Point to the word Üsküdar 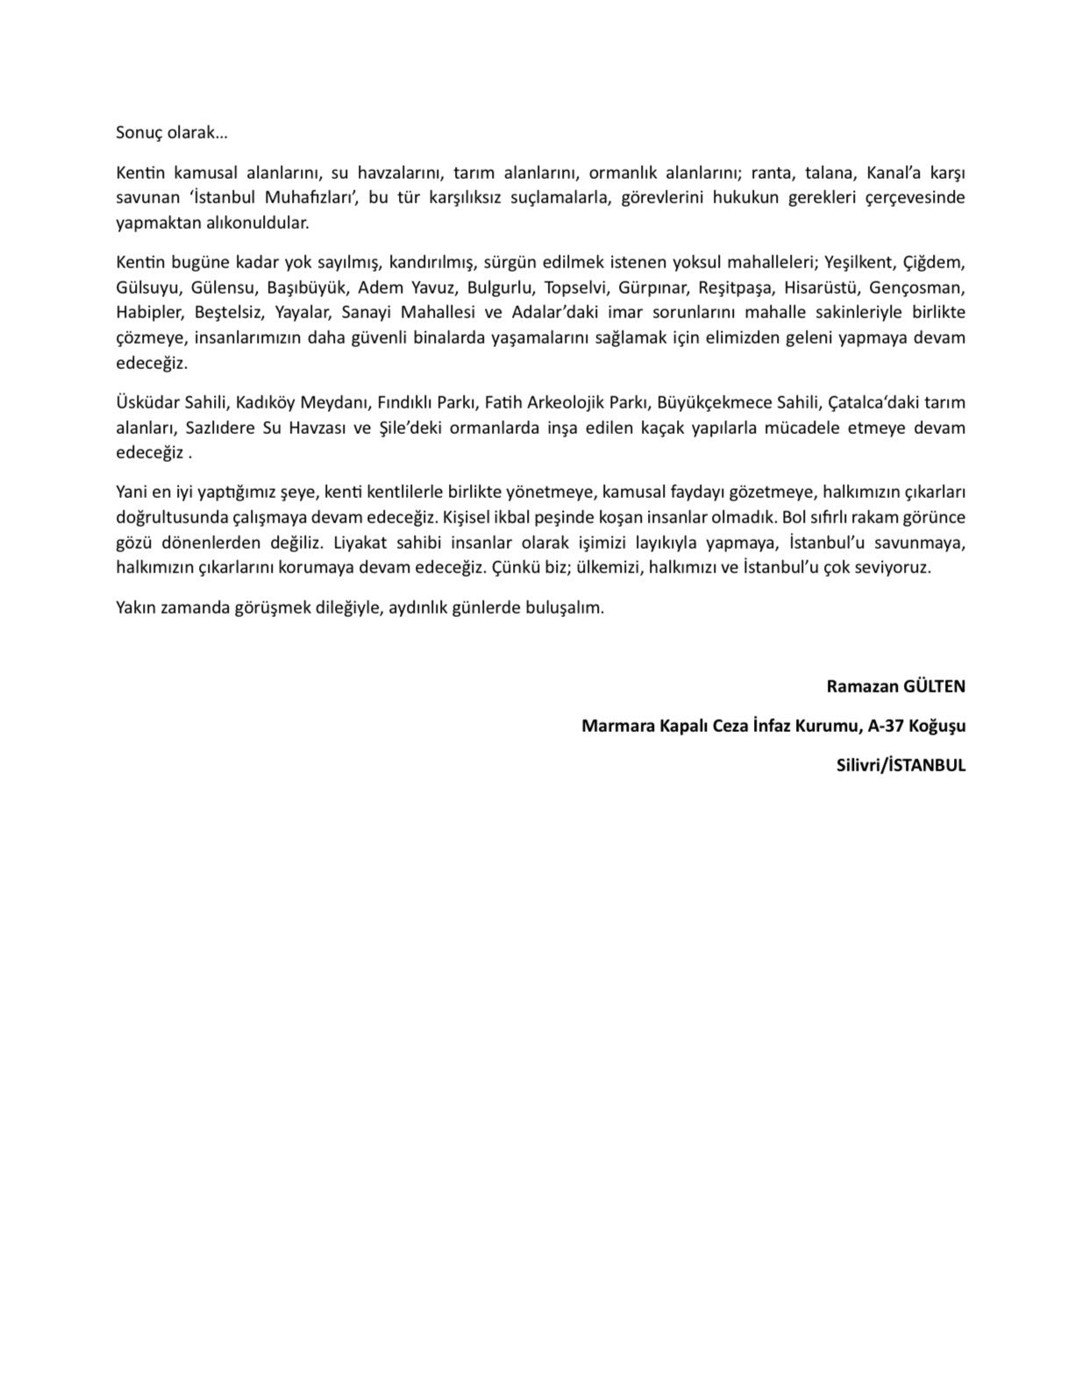click(x=146, y=402)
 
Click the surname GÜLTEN click(x=935, y=686)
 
